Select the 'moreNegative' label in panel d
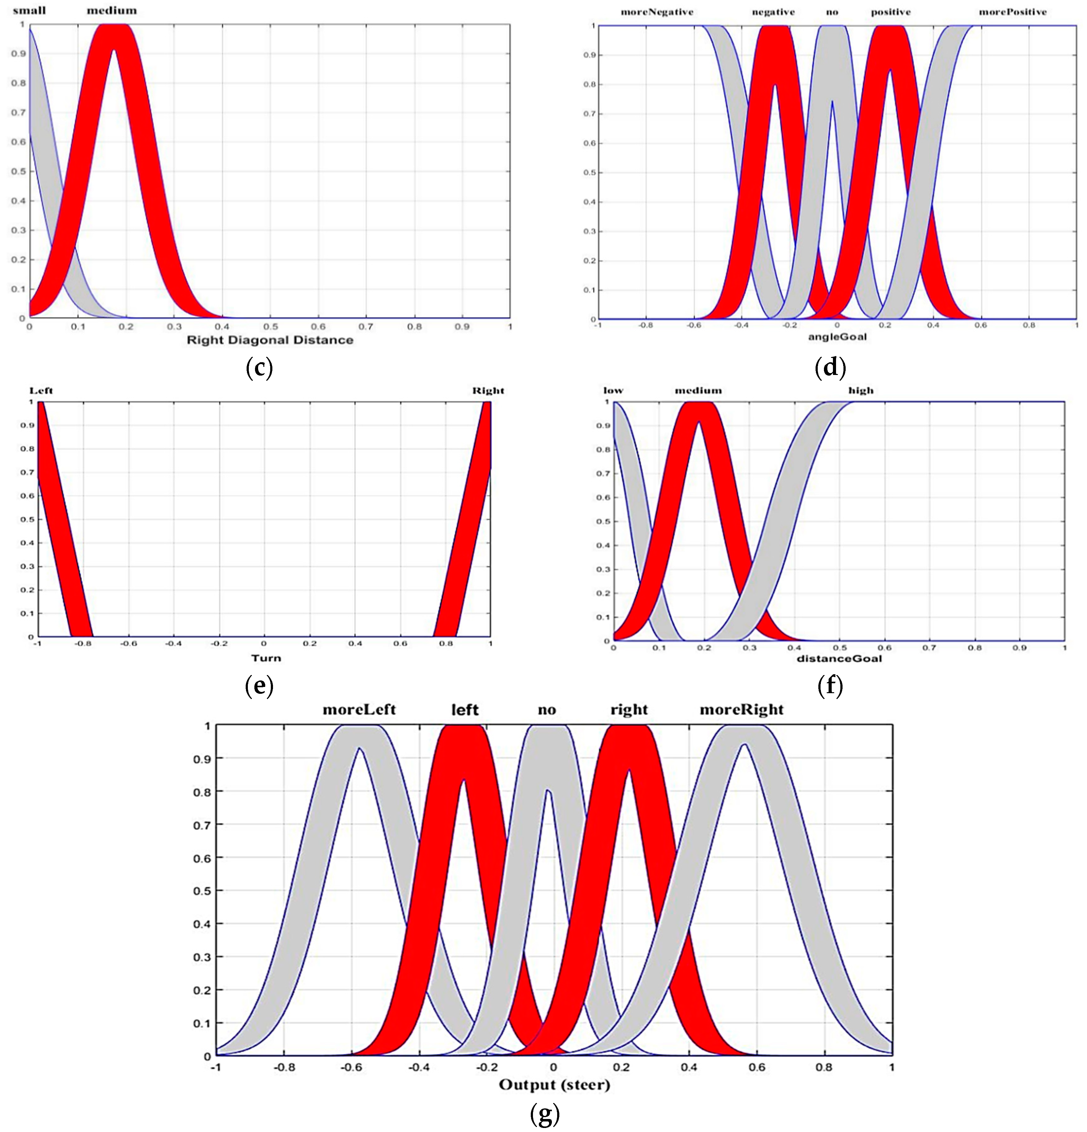point(657,12)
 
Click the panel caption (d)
point(830,367)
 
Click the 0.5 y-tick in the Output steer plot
point(202,891)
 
